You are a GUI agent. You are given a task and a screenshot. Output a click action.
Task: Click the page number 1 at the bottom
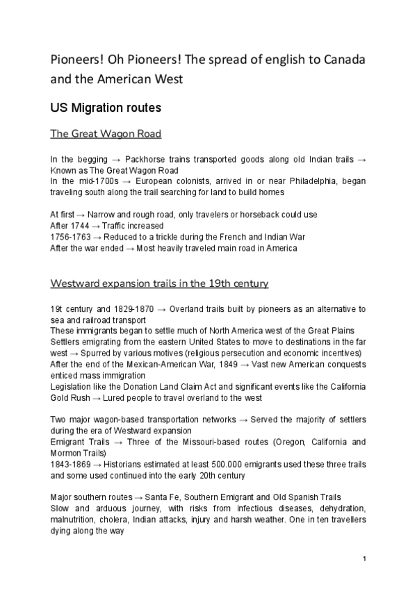(x=364, y=559)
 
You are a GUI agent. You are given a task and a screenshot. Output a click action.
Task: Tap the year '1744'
(x=79, y=226)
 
